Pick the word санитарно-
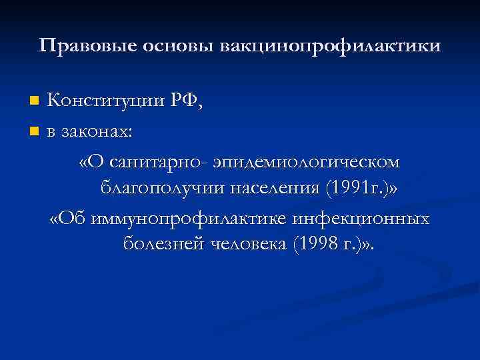161,161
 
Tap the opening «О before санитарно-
90,161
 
